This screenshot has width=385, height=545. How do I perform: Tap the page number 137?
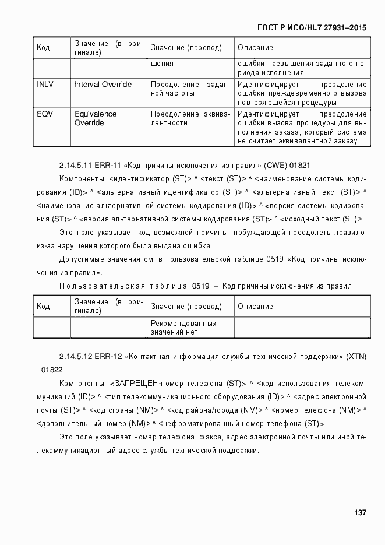360,513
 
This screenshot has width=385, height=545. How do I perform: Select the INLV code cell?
45,85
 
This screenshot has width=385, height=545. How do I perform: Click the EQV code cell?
44,114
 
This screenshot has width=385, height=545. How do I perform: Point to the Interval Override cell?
103,85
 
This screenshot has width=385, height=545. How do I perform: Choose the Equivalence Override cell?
96,119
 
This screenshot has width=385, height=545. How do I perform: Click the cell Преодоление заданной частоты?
190,89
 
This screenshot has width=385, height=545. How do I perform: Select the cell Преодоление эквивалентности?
190,119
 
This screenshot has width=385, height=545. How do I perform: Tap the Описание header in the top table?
255,47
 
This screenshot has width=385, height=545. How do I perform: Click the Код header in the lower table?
43,307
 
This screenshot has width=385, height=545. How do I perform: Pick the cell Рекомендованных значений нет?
183,328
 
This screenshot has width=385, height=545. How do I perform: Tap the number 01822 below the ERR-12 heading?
51,370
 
